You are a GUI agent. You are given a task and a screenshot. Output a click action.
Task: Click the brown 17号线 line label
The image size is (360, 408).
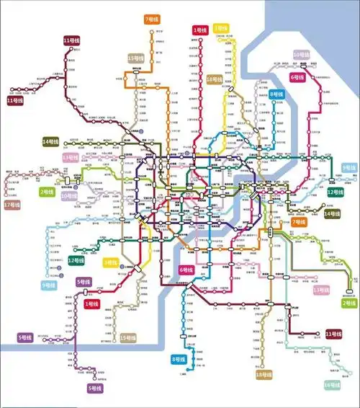(12, 205)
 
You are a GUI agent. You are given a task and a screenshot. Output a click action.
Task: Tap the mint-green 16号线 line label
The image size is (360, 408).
(333, 385)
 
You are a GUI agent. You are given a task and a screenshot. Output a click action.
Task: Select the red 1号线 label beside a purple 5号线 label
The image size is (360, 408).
(91, 304)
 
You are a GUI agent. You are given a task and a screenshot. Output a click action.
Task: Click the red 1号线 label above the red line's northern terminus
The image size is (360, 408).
(199, 30)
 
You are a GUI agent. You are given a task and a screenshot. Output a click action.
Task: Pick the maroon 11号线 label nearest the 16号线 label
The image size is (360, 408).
(333, 334)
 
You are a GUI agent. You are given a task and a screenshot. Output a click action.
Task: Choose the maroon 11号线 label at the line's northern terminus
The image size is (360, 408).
(71, 40)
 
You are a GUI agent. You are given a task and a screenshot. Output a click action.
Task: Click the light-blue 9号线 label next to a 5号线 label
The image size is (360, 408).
(49, 286)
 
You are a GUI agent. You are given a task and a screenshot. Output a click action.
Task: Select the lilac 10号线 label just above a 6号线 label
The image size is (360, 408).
(302, 55)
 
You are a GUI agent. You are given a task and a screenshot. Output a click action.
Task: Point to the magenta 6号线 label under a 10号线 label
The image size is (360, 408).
(297, 76)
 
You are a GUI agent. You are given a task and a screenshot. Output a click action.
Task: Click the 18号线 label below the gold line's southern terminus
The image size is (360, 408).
(264, 375)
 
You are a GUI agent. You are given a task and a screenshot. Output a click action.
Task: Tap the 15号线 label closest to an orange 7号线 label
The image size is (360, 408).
(135, 58)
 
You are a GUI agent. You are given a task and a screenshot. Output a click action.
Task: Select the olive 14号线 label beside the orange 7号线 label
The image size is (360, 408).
(332, 213)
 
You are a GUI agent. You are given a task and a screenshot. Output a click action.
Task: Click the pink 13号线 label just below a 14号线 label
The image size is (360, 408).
(70, 156)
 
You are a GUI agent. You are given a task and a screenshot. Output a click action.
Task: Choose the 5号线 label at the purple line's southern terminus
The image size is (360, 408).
(94, 389)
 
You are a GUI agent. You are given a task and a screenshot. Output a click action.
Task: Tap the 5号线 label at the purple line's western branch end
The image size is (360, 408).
(25, 337)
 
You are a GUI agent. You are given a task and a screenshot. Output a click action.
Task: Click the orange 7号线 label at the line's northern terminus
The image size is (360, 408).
(152, 19)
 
